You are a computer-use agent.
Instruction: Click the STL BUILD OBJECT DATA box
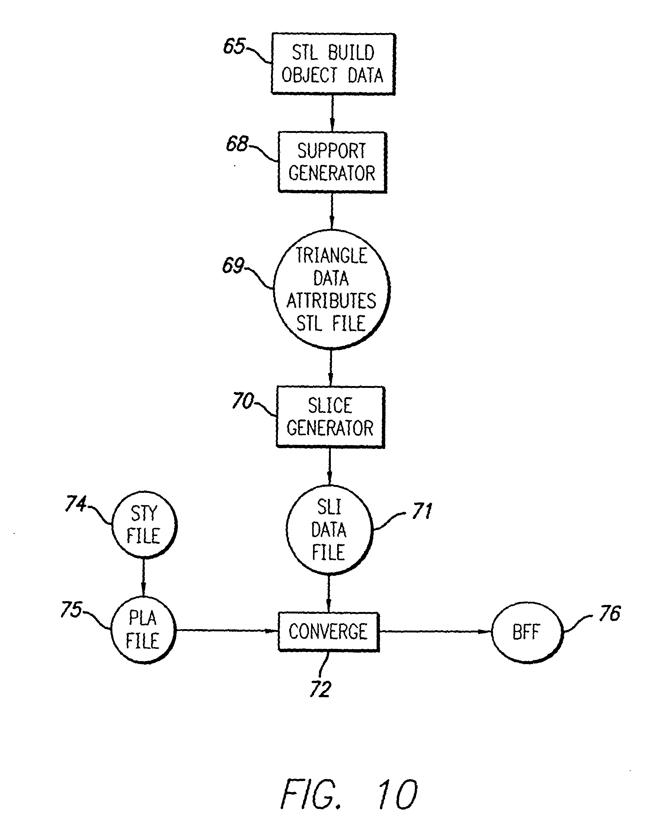click(333, 64)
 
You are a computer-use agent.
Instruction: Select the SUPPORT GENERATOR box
click(332, 162)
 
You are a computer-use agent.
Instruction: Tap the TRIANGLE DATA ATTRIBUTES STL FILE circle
click(332, 289)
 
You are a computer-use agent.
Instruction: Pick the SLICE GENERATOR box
click(330, 417)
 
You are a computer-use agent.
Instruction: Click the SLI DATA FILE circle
click(329, 530)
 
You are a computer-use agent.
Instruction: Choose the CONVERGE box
click(329, 632)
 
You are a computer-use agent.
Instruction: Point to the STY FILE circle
click(144, 525)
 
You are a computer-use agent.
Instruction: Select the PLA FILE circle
click(143, 630)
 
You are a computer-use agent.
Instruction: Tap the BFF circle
click(526, 632)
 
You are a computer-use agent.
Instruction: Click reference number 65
click(234, 47)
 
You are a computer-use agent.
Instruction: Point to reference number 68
click(237, 144)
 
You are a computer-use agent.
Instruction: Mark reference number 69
click(233, 265)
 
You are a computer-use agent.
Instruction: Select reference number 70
click(243, 401)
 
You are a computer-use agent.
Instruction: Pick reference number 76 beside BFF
click(610, 613)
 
